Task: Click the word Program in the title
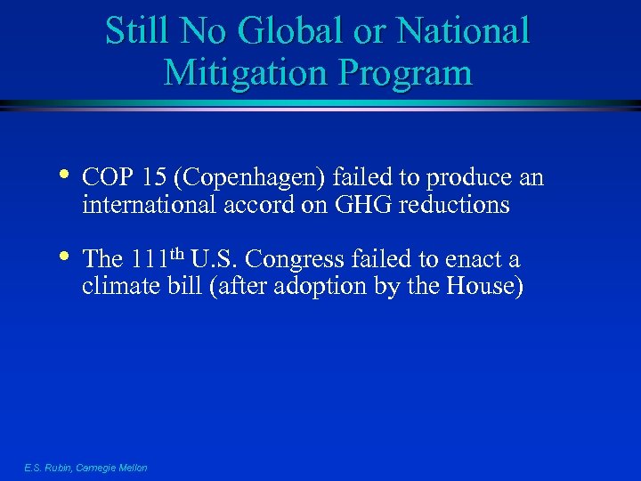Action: [x=411, y=72]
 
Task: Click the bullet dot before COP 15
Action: [x=66, y=175]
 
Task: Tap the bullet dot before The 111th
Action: [x=66, y=257]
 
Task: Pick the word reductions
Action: [x=454, y=206]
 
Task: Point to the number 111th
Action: [x=158, y=259]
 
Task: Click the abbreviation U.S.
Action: [x=221, y=260]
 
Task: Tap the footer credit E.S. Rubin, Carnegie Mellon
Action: [x=86, y=468]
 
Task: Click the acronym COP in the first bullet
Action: [x=101, y=178]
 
